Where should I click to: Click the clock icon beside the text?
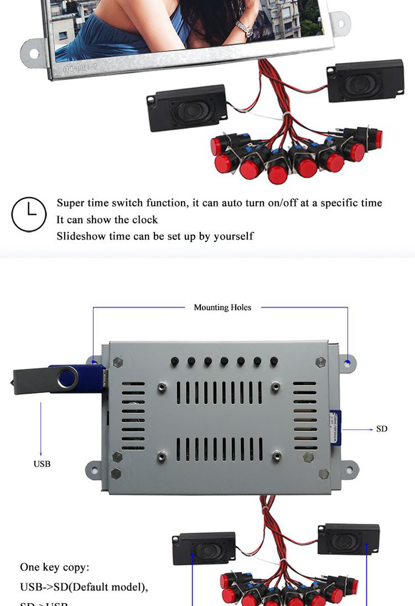(x=29, y=214)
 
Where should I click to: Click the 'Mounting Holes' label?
(x=222, y=307)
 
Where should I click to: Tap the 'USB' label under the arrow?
(x=42, y=464)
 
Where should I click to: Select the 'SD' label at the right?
(x=382, y=429)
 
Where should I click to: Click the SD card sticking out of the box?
(x=335, y=428)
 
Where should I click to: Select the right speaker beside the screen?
(x=365, y=81)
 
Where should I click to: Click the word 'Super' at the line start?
(x=70, y=203)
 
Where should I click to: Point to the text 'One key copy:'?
(x=54, y=567)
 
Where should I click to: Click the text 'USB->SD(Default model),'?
(x=84, y=587)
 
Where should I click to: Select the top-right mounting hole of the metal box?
(x=348, y=363)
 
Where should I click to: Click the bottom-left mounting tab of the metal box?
(x=94, y=470)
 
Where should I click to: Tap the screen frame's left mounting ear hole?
(x=33, y=54)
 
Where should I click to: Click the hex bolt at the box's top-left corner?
(x=117, y=361)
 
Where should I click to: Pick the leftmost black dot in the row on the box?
(x=175, y=361)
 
